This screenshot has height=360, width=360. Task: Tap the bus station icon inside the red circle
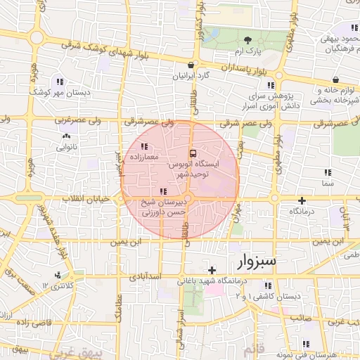click(x=193, y=153)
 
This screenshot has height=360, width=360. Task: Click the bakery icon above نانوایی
click(x=67, y=136)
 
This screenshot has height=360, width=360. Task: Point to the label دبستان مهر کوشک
click(x=53, y=91)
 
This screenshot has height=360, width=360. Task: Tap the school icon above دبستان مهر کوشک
click(x=57, y=81)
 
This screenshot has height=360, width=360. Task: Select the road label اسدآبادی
click(x=147, y=276)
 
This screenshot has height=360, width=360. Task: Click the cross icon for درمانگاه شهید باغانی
click(x=212, y=270)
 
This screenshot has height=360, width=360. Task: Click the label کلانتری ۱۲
click(x=58, y=285)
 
